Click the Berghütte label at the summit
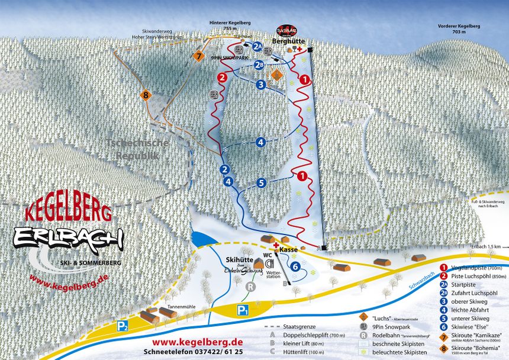[288, 42]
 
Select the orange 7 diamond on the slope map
[198, 56]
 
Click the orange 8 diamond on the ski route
[146, 94]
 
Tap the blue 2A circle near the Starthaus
[257, 46]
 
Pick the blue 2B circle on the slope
[259, 65]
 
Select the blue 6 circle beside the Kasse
[295, 267]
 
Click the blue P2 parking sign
[123, 325]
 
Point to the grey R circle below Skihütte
[250, 287]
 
